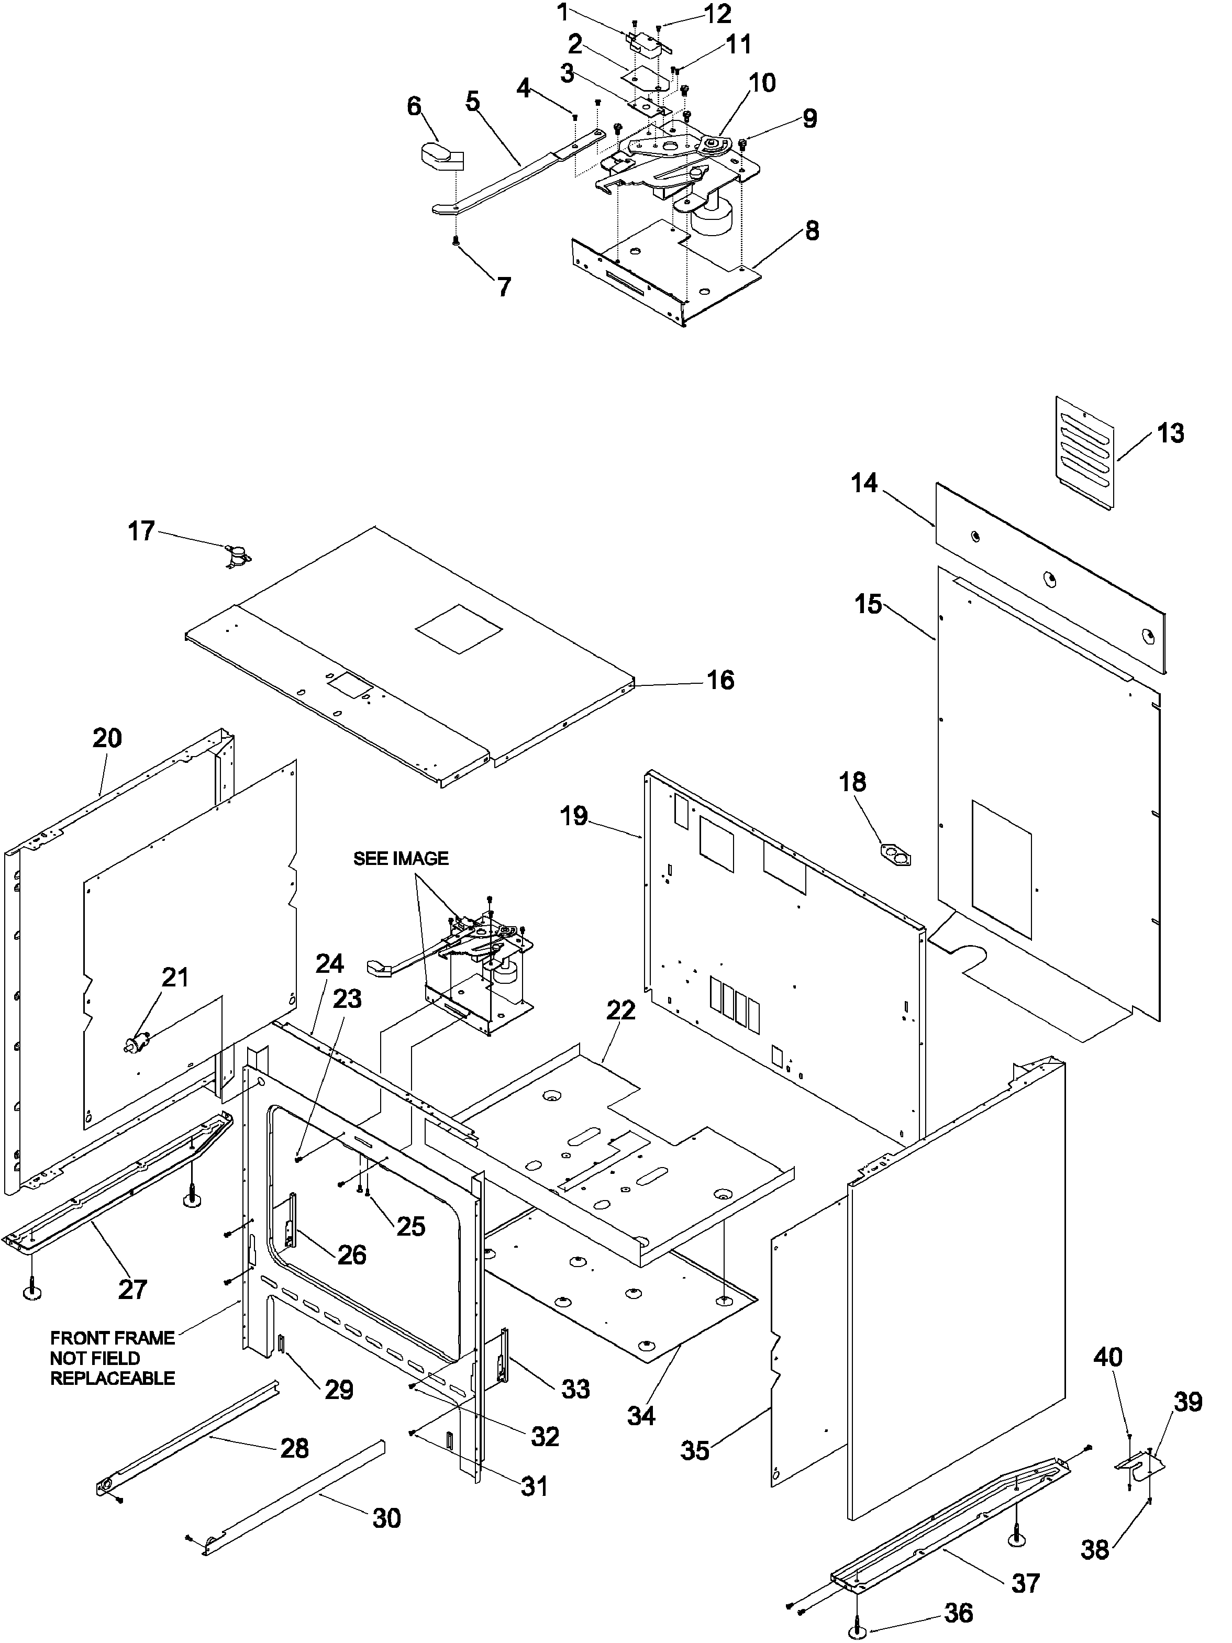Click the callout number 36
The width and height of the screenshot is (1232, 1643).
pyautogui.click(x=958, y=1613)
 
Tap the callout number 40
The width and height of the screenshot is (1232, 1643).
pyautogui.click(x=1107, y=1357)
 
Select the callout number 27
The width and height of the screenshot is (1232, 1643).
pyautogui.click(x=133, y=1289)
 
